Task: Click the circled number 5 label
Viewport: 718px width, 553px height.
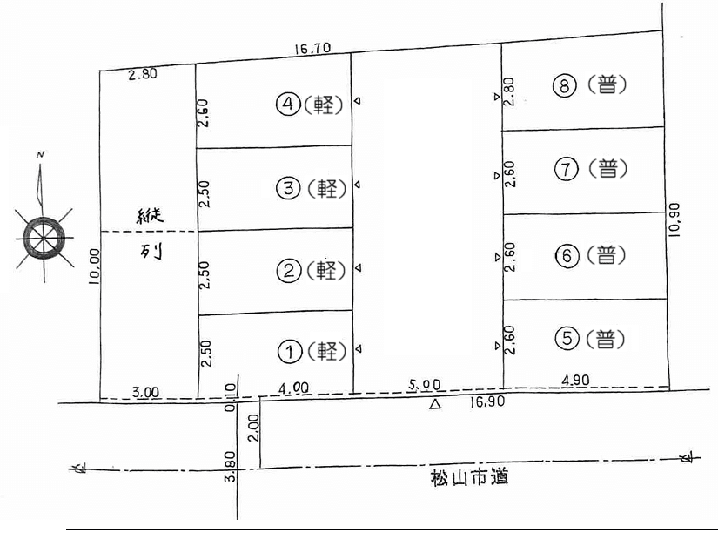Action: (x=567, y=338)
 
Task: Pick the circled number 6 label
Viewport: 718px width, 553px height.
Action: (x=567, y=255)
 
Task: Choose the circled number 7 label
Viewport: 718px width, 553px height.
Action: (x=567, y=169)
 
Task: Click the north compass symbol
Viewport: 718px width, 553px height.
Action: (x=43, y=235)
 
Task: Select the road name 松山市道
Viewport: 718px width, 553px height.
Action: (x=468, y=477)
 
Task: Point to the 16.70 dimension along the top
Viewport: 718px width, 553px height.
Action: (x=313, y=50)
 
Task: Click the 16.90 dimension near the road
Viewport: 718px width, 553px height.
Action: (x=486, y=403)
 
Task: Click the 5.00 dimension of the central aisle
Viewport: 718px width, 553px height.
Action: (x=424, y=383)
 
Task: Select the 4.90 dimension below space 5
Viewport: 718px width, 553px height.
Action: (x=575, y=380)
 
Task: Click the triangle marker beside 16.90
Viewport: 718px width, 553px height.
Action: (x=435, y=404)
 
